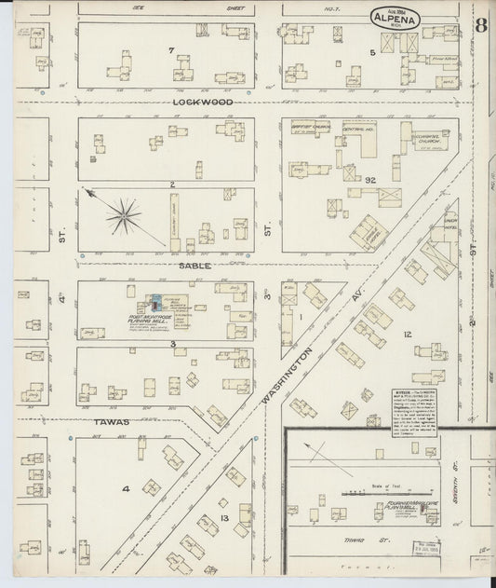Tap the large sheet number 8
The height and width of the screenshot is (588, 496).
point(481,25)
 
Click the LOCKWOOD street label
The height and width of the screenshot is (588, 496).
point(194,103)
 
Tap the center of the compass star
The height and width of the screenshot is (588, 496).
point(123,218)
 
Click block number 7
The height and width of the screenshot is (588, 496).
point(171,48)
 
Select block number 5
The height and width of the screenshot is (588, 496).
point(371,53)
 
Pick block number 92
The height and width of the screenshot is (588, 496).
point(369,178)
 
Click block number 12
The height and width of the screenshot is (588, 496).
point(407,334)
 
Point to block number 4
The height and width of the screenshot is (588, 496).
point(126,488)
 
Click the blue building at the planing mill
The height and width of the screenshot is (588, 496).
point(155,302)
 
